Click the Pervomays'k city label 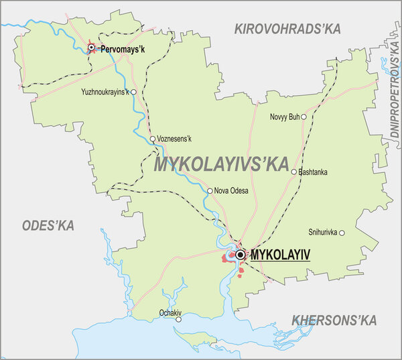click(123, 48)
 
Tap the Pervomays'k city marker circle click(92, 48)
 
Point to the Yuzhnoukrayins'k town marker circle click(134, 93)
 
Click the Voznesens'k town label click(175, 139)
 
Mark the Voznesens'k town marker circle click(153, 139)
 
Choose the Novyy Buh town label click(284, 117)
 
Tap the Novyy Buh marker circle click(304, 117)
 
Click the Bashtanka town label click(313, 172)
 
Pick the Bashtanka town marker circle click(293, 172)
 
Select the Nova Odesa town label click(232, 191)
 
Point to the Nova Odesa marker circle click(210, 191)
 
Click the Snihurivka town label click(322, 233)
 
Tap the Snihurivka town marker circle click(342, 233)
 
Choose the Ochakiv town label click(172, 312)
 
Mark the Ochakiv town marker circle click(178, 319)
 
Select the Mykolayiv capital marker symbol click(240, 255)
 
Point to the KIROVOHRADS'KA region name click(287, 28)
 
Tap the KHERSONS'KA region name click(333, 320)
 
